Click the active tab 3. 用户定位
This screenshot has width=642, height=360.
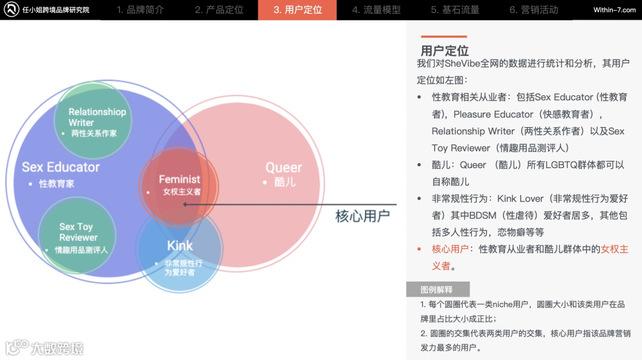[297, 10]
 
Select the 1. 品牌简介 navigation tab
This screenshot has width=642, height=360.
[140, 10]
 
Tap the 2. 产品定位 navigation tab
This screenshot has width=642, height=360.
[219, 10]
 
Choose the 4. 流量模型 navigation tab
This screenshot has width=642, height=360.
[376, 10]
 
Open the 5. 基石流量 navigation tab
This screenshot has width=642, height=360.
[455, 10]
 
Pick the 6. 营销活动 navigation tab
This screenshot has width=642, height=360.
[533, 10]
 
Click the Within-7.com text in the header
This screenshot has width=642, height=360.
[614, 10]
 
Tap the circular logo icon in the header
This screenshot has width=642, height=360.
[11, 10]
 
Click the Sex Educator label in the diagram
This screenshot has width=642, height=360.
[61, 167]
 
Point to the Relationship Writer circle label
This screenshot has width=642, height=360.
[97, 116]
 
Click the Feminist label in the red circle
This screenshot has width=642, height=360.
[179, 179]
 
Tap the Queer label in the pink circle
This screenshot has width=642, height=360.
[284, 168]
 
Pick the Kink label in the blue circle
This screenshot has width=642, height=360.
[180, 246]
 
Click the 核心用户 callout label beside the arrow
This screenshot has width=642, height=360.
[362, 216]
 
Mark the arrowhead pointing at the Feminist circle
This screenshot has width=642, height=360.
[185, 204]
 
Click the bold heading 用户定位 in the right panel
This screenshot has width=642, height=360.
[445, 50]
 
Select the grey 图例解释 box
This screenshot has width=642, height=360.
[437, 289]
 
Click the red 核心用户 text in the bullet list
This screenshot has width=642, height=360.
[450, 249]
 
